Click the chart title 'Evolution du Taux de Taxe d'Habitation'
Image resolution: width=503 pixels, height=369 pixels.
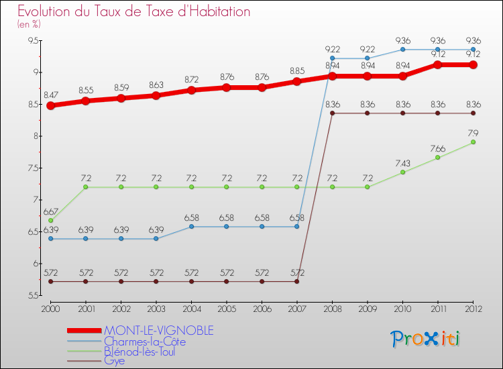(x=134, y=12)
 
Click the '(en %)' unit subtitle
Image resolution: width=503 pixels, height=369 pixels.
(x=29, y=24)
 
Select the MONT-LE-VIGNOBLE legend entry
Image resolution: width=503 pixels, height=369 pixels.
(x=158, y=330)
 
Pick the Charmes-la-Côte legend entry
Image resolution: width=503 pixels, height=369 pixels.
(x=144, y=341)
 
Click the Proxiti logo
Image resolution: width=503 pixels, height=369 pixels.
(x=426, y=339)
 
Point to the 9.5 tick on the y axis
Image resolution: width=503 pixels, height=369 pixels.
(x=33, y=41)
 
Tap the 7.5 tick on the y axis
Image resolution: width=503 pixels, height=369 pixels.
(x=33, y=168)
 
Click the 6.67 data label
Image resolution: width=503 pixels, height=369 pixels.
(x=50, y=211)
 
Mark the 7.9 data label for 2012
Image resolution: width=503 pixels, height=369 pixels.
(x=473, y=133)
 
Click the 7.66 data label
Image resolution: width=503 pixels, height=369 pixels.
(x=438, y=148)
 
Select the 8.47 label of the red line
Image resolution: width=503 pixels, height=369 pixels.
(x=50, y=96)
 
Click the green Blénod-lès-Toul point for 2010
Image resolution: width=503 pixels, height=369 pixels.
(x=402, y=172)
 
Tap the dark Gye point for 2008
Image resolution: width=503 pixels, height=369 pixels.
(x=332, y=113)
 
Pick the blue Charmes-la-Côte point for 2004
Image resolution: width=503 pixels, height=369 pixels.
(x=191, y=227)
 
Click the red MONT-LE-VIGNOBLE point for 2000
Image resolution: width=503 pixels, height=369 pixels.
(x=50, y=105)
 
